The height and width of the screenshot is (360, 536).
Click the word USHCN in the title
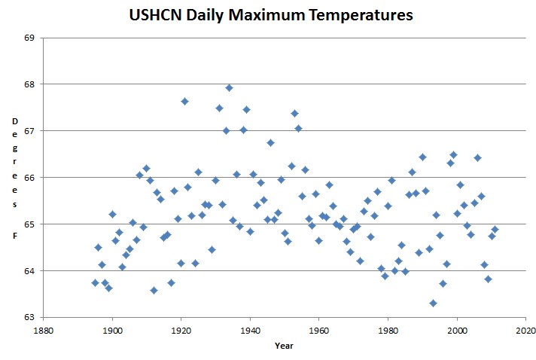pyautogui.click(x=151, y=14)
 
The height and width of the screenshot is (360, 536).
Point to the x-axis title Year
pyautogui.click(x=284, y=346)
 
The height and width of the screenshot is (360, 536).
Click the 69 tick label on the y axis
pyautogui.click(x=31, y=38)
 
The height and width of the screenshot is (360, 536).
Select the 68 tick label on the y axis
pyautogui.click(x=31, y=84)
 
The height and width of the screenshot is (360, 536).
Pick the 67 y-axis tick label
pyautogui.click(x=31, y=131)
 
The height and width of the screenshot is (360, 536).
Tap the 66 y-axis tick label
pyautogui.click(x=31, y=178)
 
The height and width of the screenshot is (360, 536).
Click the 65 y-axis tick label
pyautogui.click(x=31, y=224)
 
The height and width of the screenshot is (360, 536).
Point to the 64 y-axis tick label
pyautogui.click(x=31, y=271)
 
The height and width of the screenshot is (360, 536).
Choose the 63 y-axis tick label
pyautogui.click(x=31, y=317)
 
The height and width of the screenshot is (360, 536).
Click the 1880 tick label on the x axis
pyautogui.click(x=44, y=330)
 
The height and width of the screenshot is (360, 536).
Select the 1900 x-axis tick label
pyautogui.click(x=112, y=330)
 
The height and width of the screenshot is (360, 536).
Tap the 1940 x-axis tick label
pyautogui.click(x=250, y=330)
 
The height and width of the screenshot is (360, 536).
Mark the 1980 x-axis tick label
pyautogui.click(x=388, y=330)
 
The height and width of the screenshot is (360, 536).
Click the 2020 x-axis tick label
pyautogui.click(x=525, y=330)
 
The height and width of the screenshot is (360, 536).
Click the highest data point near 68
pyautogui.click(x=229, y=87)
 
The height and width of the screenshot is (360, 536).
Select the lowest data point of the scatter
pyautogui.click(x=433, y=303)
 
